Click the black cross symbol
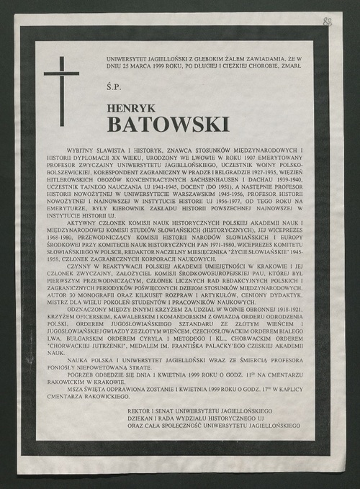[x=61, y=80]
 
